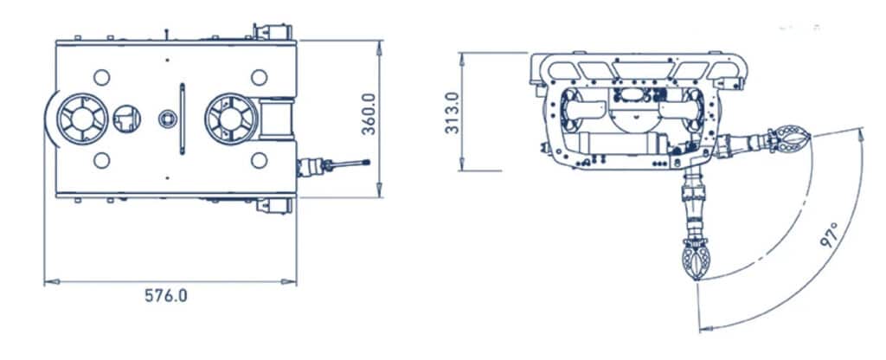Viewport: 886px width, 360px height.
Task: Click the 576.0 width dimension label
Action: tap(165, 295)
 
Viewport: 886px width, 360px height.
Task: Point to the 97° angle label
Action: tap(830, 235)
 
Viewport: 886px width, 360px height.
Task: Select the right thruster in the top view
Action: tap(231, 119)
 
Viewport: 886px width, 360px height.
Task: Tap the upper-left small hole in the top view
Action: tap(101, 76)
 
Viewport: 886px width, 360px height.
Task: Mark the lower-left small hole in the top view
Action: tap(101, 160)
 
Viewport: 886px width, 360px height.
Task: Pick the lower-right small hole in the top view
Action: tap(259, 160)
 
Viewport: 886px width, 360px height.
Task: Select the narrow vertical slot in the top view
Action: tap(182, 119)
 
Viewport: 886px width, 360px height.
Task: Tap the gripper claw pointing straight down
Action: tap(697, 260)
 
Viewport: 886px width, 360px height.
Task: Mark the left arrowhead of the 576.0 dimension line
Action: tap(48, 281)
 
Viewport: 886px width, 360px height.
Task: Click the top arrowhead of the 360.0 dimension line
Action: tap(380, 42)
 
